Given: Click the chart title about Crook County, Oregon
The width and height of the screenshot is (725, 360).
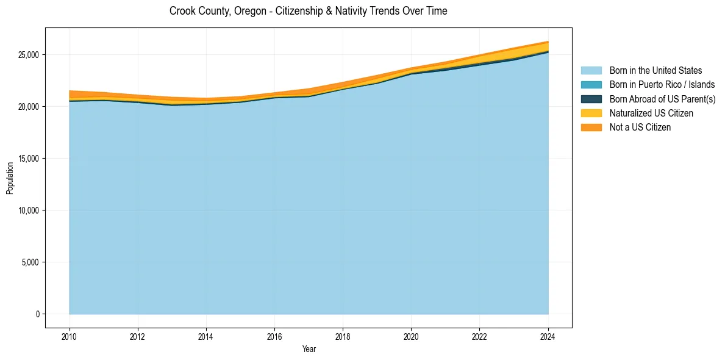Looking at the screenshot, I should [308, 11].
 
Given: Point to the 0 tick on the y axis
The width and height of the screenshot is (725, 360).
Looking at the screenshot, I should [37, 314].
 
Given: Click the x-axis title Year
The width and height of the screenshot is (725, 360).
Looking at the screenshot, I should [309, 349].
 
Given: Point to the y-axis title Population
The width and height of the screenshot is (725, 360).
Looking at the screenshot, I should [10, 178].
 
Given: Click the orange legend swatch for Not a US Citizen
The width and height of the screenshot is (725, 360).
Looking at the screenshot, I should [591, 128].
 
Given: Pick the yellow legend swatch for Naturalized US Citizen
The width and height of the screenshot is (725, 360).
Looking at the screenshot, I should [591, 113].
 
